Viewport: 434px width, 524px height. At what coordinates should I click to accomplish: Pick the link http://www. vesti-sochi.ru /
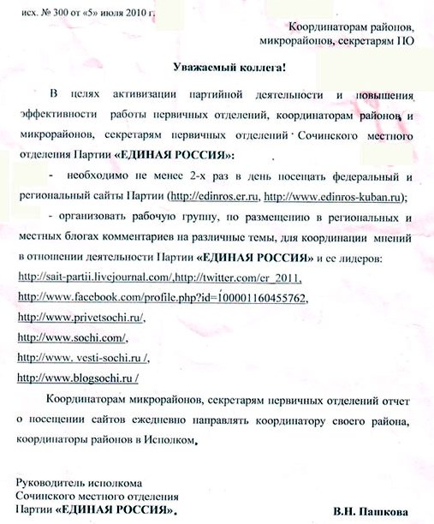point(85,358)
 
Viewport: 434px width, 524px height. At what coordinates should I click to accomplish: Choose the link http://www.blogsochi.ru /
point(78,378)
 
